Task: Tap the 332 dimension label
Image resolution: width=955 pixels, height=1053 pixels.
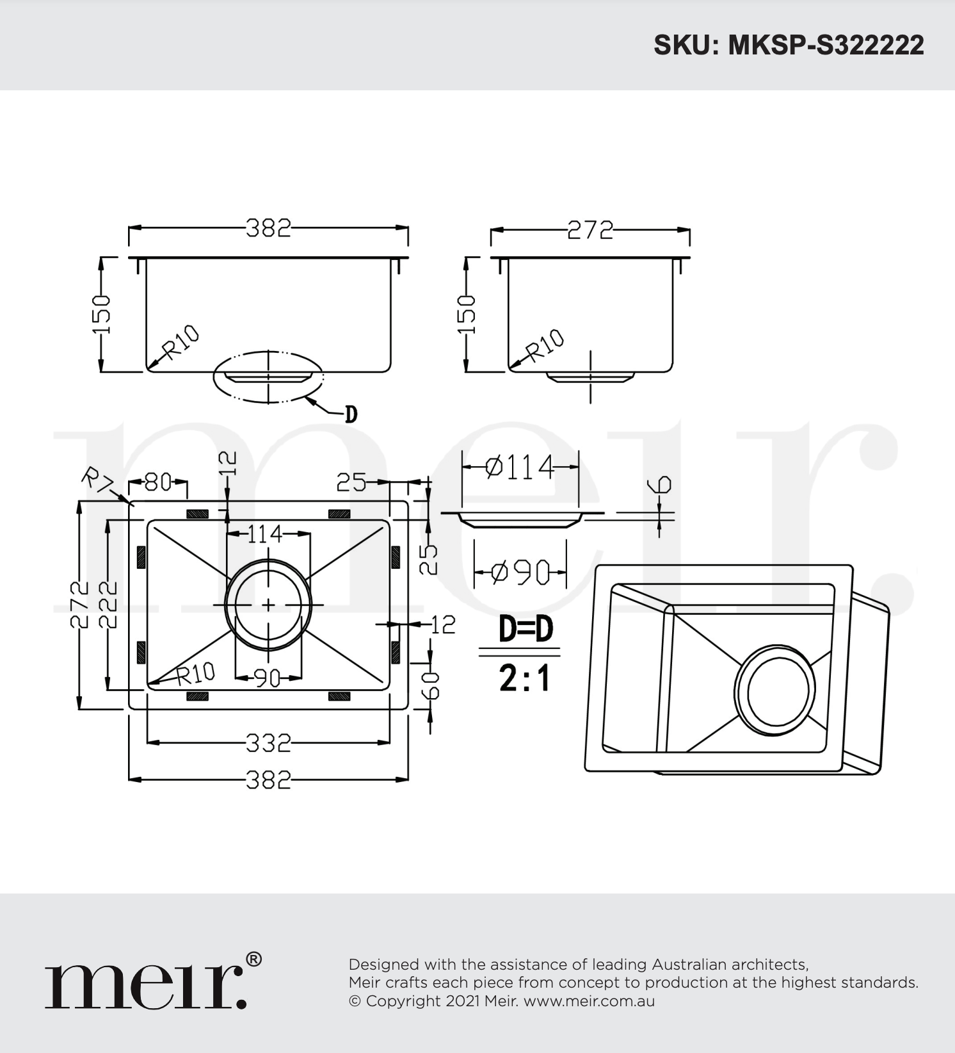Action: pos(269,743)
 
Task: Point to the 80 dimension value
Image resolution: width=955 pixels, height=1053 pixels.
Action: pos(158,482)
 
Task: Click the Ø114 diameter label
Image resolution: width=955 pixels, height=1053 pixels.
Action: pos(520,467)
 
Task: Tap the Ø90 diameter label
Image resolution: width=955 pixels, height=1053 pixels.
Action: pos(520,572)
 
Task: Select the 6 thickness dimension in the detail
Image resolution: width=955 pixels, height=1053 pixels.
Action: pos(662,484)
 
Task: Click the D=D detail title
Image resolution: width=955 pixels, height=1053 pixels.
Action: pos(526,629)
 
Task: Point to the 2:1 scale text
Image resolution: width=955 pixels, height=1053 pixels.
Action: pos(525,678)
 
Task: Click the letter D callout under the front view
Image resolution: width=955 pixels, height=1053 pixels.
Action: pos(351,414)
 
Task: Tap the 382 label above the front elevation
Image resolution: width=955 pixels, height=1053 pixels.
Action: pos(269,228)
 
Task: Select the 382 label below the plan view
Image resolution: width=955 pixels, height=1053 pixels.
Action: pos(269,780)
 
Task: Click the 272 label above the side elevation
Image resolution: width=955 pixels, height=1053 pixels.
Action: pos(590,230)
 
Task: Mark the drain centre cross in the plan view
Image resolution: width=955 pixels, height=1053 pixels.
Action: pos(268,605)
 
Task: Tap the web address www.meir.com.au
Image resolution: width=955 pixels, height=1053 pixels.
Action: pos(589,1001)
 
